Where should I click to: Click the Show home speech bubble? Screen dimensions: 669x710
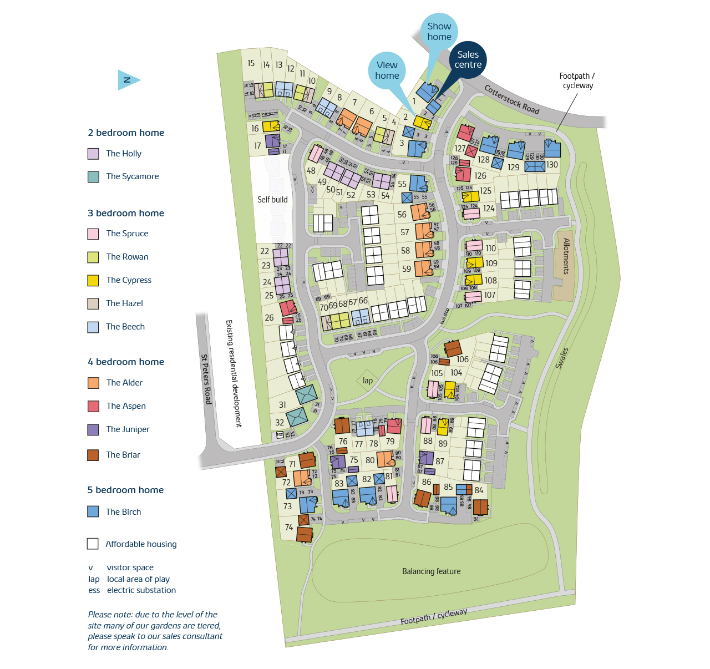tap(439, 31)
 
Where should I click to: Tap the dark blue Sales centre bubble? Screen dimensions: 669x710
tap(468, 59)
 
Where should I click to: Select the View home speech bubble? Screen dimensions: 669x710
tap(387, 70)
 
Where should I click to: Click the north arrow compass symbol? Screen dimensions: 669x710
tap(128, 80)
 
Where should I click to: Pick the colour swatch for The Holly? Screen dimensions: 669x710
tap(93, 154)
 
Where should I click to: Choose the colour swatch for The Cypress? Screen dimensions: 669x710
tap(93, 280)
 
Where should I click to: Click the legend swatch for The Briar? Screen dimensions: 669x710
tap(93, 455)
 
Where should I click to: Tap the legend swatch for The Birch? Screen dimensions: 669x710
tap(93, 511)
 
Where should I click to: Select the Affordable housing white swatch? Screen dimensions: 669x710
tap(93, 544)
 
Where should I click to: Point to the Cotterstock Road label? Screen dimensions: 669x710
tap(511, 99)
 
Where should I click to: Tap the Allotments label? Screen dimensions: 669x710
tap(566, 256)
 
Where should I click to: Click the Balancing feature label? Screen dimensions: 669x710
tap(431, 571)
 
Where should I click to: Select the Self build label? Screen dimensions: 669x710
tap(272, 200)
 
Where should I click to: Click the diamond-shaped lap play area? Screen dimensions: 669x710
tap(367, 381)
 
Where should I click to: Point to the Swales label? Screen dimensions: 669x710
tap(562, 358)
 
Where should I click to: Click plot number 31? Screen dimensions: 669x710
tap(282, 405)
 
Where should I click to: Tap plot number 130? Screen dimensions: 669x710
tap(552, 165)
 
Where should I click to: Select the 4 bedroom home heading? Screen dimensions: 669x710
tap(126, 362)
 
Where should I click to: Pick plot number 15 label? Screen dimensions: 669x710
tap(251, 63)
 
